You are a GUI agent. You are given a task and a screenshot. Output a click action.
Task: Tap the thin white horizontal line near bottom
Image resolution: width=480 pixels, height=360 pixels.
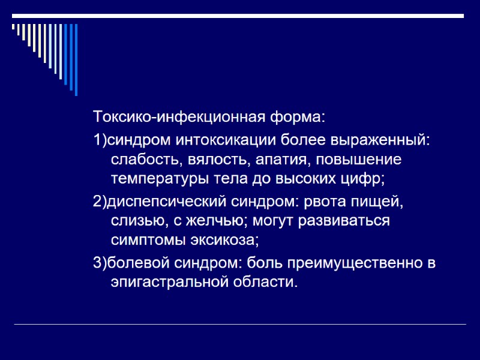click(240, 325)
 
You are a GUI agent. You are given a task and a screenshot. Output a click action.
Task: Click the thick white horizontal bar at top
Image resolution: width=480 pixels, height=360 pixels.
click(240, 15)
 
